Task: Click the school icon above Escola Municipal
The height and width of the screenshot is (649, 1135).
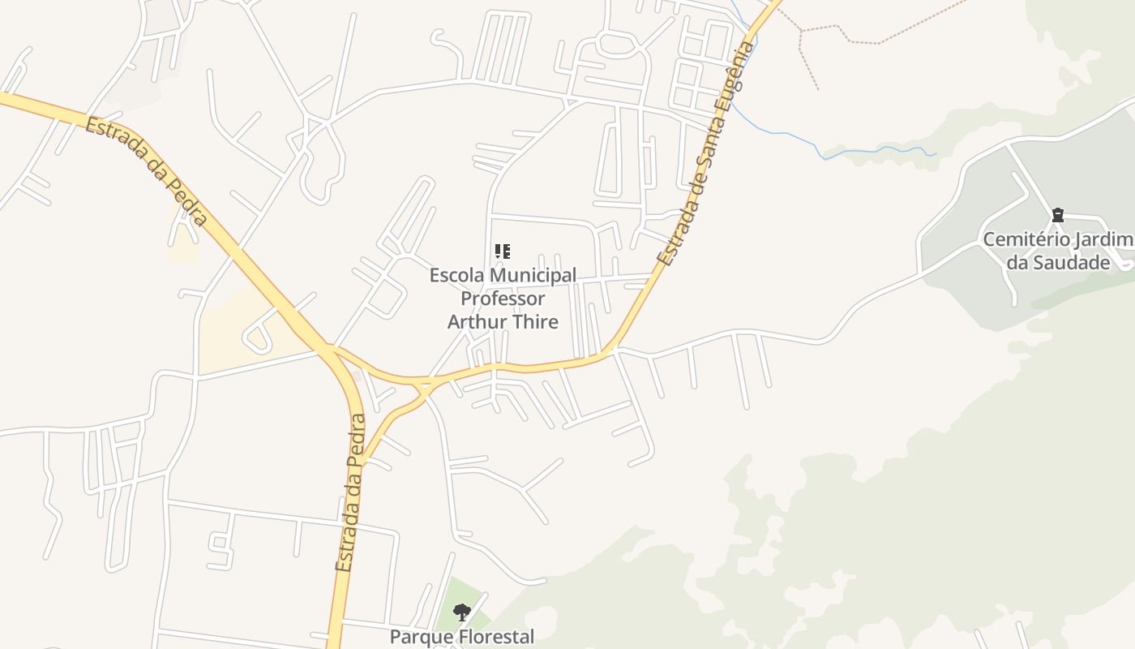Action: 503,251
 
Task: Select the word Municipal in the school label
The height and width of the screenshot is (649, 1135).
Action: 535,276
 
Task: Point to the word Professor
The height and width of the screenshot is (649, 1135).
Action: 503,299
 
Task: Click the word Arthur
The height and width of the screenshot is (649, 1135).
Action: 475,321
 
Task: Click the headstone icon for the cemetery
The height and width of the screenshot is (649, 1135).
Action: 1057,216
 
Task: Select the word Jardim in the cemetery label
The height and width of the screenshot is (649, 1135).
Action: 1103,240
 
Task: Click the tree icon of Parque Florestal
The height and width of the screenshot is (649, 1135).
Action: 461,612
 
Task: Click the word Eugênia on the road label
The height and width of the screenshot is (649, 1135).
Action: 734,78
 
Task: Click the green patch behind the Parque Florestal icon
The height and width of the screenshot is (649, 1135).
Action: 451,597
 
